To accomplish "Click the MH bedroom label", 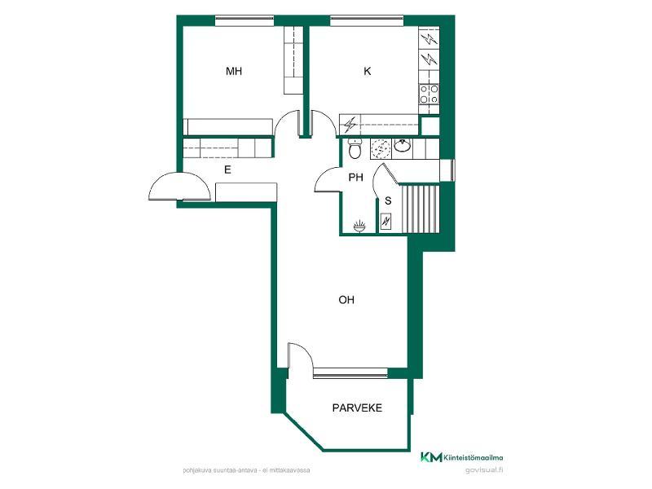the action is coord(234,71).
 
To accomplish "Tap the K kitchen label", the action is coord(368,71).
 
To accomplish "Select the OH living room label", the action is coord(346,300).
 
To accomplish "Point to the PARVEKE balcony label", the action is coord(357,408).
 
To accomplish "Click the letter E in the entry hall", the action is coord(227,170).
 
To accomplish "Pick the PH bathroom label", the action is coord(355,178).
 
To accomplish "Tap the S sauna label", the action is coord(388,200).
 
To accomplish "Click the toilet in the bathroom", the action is coord(355,149).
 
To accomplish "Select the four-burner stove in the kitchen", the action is coord(430,94).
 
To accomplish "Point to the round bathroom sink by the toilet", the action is coord(403,146).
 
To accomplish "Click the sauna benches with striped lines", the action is coord(420,209).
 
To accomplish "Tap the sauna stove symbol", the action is coord(385,222).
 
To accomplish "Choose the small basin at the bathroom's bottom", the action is coord(359,227).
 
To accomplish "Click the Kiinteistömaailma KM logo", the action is coord(461,457).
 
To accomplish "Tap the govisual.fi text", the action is coord(484,470).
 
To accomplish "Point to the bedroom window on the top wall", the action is coord(244,20).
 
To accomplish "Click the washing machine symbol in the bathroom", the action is coord(381,148).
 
